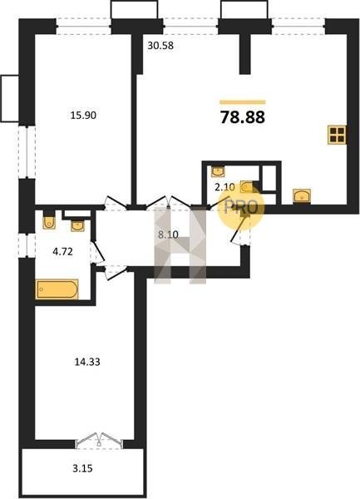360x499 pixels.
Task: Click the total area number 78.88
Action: pyautogui.click(x=242, y=117)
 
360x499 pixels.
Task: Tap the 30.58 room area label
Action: pyautogui.click(x=160, y=46)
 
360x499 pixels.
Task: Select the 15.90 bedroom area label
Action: pyautogui.click(x=83, y=116)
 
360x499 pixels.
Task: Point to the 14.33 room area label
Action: pyautogui.click(x=87, y=362)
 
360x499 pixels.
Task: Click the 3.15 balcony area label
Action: pyautogui.click(x=82, y=468)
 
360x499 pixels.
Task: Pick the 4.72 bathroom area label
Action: pyautogui.click(x=62, y=252)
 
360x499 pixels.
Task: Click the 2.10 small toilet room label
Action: pyautogui.click(x=224, y=187)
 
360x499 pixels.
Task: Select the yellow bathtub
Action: pyautogui.click(x=57, y=289)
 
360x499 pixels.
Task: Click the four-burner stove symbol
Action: pyautogui.click(x=337, y=135)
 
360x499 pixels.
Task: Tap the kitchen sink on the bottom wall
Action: pyautogui.click(x=302, y=195)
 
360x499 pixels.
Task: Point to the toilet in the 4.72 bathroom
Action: pyautogui.click(x=49, y=222)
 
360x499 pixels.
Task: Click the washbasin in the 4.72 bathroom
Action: pyautogui.click(x=77, y=225)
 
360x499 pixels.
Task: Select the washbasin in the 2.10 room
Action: pyautogui.click(x=218, y=171)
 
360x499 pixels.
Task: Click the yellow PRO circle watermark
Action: pyautogui.click(x=241, y=206)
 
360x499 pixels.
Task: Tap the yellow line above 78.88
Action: pyautogui.click(x=243, y=102)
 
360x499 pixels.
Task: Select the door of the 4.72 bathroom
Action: pyautogui.click(x=97, y=252)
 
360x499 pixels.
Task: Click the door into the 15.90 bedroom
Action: pyautogui.click(x=116, y=203)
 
